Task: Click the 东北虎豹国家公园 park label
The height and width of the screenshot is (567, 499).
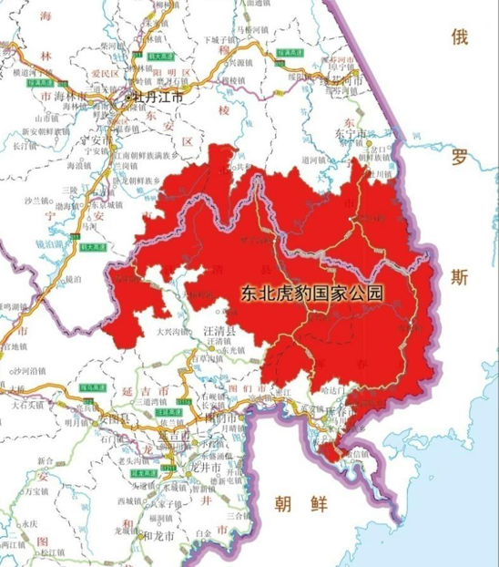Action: pyautogui.click(x=309, y=294)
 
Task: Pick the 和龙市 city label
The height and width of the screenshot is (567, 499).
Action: pyautogui.click(x=160, y=535)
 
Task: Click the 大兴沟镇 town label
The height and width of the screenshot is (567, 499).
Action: pyautogui.click(x=174, y=331)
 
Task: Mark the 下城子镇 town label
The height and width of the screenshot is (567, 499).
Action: pyautogui.click(x=221, y=40)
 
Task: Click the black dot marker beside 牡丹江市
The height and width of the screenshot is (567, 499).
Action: pyautogui.click(x=128, y=94)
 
